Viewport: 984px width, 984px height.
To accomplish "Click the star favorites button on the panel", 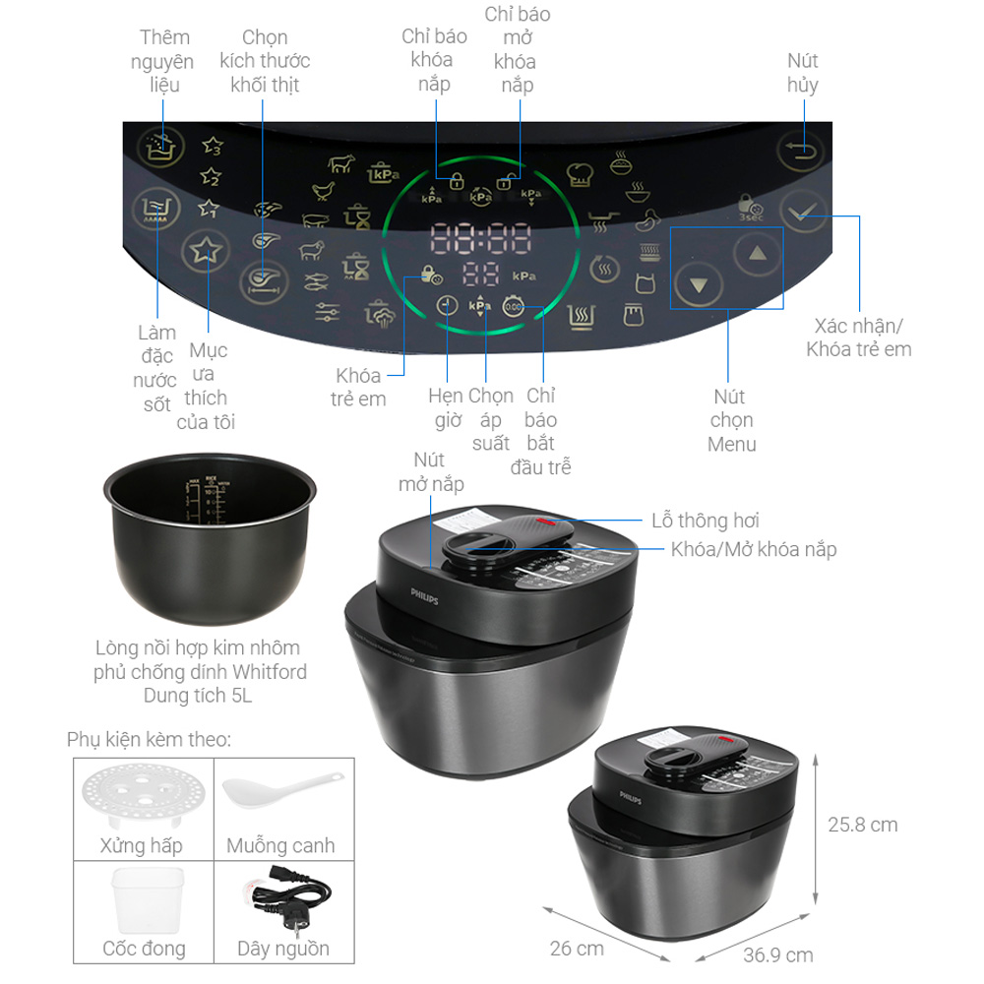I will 206,252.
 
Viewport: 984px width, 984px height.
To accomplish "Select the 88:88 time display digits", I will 480,237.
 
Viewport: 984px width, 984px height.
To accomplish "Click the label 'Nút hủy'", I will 802,73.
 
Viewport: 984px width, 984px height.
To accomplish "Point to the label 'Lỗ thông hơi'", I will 705,521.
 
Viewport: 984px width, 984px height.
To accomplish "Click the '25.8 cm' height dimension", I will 862,825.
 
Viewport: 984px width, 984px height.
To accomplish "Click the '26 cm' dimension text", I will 577,949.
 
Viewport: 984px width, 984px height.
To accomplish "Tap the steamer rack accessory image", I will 141,799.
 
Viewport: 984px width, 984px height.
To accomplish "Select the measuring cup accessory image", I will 148,899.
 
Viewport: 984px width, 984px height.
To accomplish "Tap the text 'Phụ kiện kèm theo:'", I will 149,739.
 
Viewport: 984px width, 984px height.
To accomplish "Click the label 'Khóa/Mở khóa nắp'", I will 753,549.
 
